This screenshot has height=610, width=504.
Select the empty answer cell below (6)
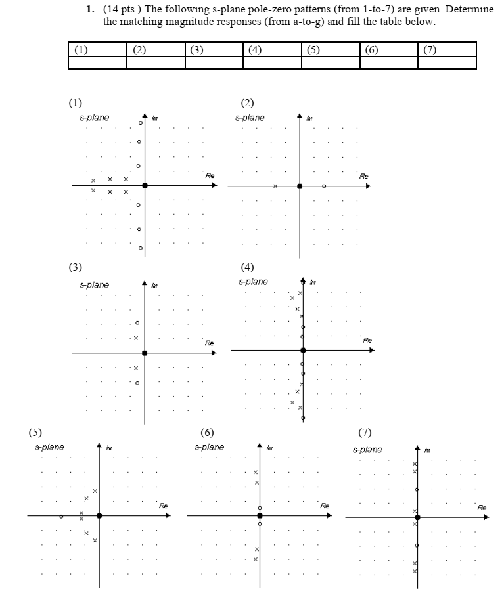389,63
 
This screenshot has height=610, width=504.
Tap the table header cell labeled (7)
447,49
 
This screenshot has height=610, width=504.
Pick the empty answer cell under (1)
97,63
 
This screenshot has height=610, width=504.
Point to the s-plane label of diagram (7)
367,450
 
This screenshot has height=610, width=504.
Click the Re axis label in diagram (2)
364,176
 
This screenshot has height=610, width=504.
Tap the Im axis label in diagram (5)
108,448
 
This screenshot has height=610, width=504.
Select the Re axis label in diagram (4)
367,340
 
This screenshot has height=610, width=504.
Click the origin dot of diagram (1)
145,186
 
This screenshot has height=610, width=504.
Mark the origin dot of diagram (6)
260,515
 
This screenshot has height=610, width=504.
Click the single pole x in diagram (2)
276,186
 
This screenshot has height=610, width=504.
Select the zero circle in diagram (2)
323,186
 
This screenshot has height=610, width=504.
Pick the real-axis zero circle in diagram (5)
61,516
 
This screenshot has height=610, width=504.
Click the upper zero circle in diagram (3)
137,322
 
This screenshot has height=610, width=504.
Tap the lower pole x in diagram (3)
136,368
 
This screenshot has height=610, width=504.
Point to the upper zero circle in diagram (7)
417,489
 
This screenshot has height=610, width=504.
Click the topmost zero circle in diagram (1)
140,123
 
